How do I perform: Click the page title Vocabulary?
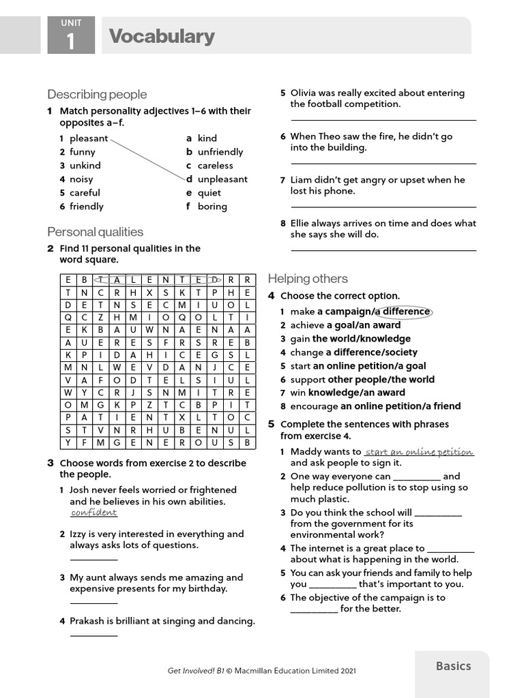click(161, 36)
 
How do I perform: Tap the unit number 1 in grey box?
click(71, 42)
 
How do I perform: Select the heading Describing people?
click(97, 94)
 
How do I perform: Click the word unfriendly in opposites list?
click(220, 152)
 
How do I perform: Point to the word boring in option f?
click(212, 207)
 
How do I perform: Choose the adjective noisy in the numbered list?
click(81, 179)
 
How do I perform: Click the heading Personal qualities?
click(95, 232)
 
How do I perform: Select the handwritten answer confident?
click(93, 513)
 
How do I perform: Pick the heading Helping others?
click(308, 278)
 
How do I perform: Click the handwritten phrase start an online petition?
click(419, 452)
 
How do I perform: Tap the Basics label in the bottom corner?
click(453, 666)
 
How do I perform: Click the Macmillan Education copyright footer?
click(262, 671)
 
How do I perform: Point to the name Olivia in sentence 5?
click(305, 93)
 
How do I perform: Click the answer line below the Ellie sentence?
click(383, 250)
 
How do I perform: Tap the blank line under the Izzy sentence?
click(93, 560)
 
